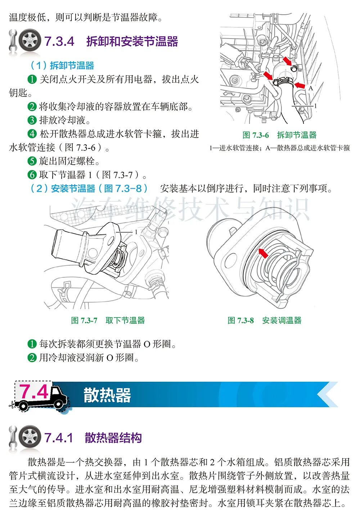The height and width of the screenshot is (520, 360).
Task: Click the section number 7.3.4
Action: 59,41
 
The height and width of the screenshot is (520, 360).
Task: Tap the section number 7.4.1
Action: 58,438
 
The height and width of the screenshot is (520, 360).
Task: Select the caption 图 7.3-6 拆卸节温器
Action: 279,135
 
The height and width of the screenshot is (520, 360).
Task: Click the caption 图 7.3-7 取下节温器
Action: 108,320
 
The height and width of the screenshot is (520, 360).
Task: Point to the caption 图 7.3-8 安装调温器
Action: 265,320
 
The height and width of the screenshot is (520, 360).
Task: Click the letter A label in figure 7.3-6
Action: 311,88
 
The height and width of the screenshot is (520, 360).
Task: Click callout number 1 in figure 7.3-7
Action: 136,232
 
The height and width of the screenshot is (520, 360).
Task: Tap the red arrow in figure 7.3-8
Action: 263,253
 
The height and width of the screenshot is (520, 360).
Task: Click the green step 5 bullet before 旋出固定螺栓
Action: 32,161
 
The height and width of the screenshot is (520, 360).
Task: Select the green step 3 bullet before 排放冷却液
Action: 32,120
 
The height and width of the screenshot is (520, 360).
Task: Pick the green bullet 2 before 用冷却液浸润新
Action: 32,358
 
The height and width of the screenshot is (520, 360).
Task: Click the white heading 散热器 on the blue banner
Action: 107,395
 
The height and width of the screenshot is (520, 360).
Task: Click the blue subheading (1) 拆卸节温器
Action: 62,66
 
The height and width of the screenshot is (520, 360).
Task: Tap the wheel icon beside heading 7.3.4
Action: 30,40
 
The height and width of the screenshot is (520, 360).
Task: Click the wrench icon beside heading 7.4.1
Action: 13,437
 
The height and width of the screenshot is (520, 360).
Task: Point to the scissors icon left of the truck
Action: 11,405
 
